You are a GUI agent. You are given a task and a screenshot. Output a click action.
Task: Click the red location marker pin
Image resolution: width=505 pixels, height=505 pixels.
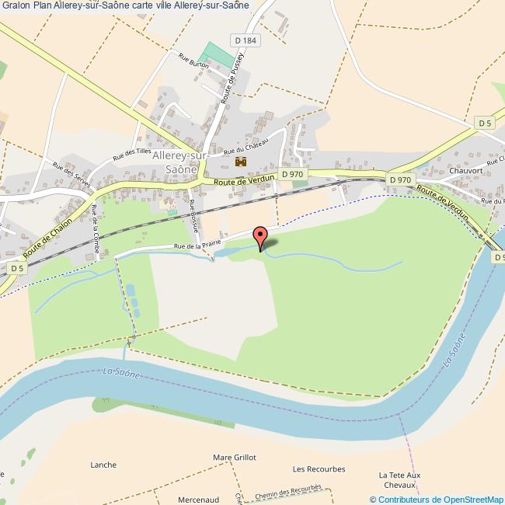261,237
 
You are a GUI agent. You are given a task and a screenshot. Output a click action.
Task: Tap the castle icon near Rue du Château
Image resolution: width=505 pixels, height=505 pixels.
240,162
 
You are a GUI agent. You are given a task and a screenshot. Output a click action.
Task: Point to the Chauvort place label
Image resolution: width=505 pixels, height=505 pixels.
465,171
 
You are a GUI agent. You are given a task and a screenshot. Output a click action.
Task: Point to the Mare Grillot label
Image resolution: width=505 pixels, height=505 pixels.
234,458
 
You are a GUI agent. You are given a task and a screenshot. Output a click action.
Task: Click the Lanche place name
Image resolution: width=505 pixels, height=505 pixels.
103,465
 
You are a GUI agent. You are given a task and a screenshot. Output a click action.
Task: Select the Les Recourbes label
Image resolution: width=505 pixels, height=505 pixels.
319,469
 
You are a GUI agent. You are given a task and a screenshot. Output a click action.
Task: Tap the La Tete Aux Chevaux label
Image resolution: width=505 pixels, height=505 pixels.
399,480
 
